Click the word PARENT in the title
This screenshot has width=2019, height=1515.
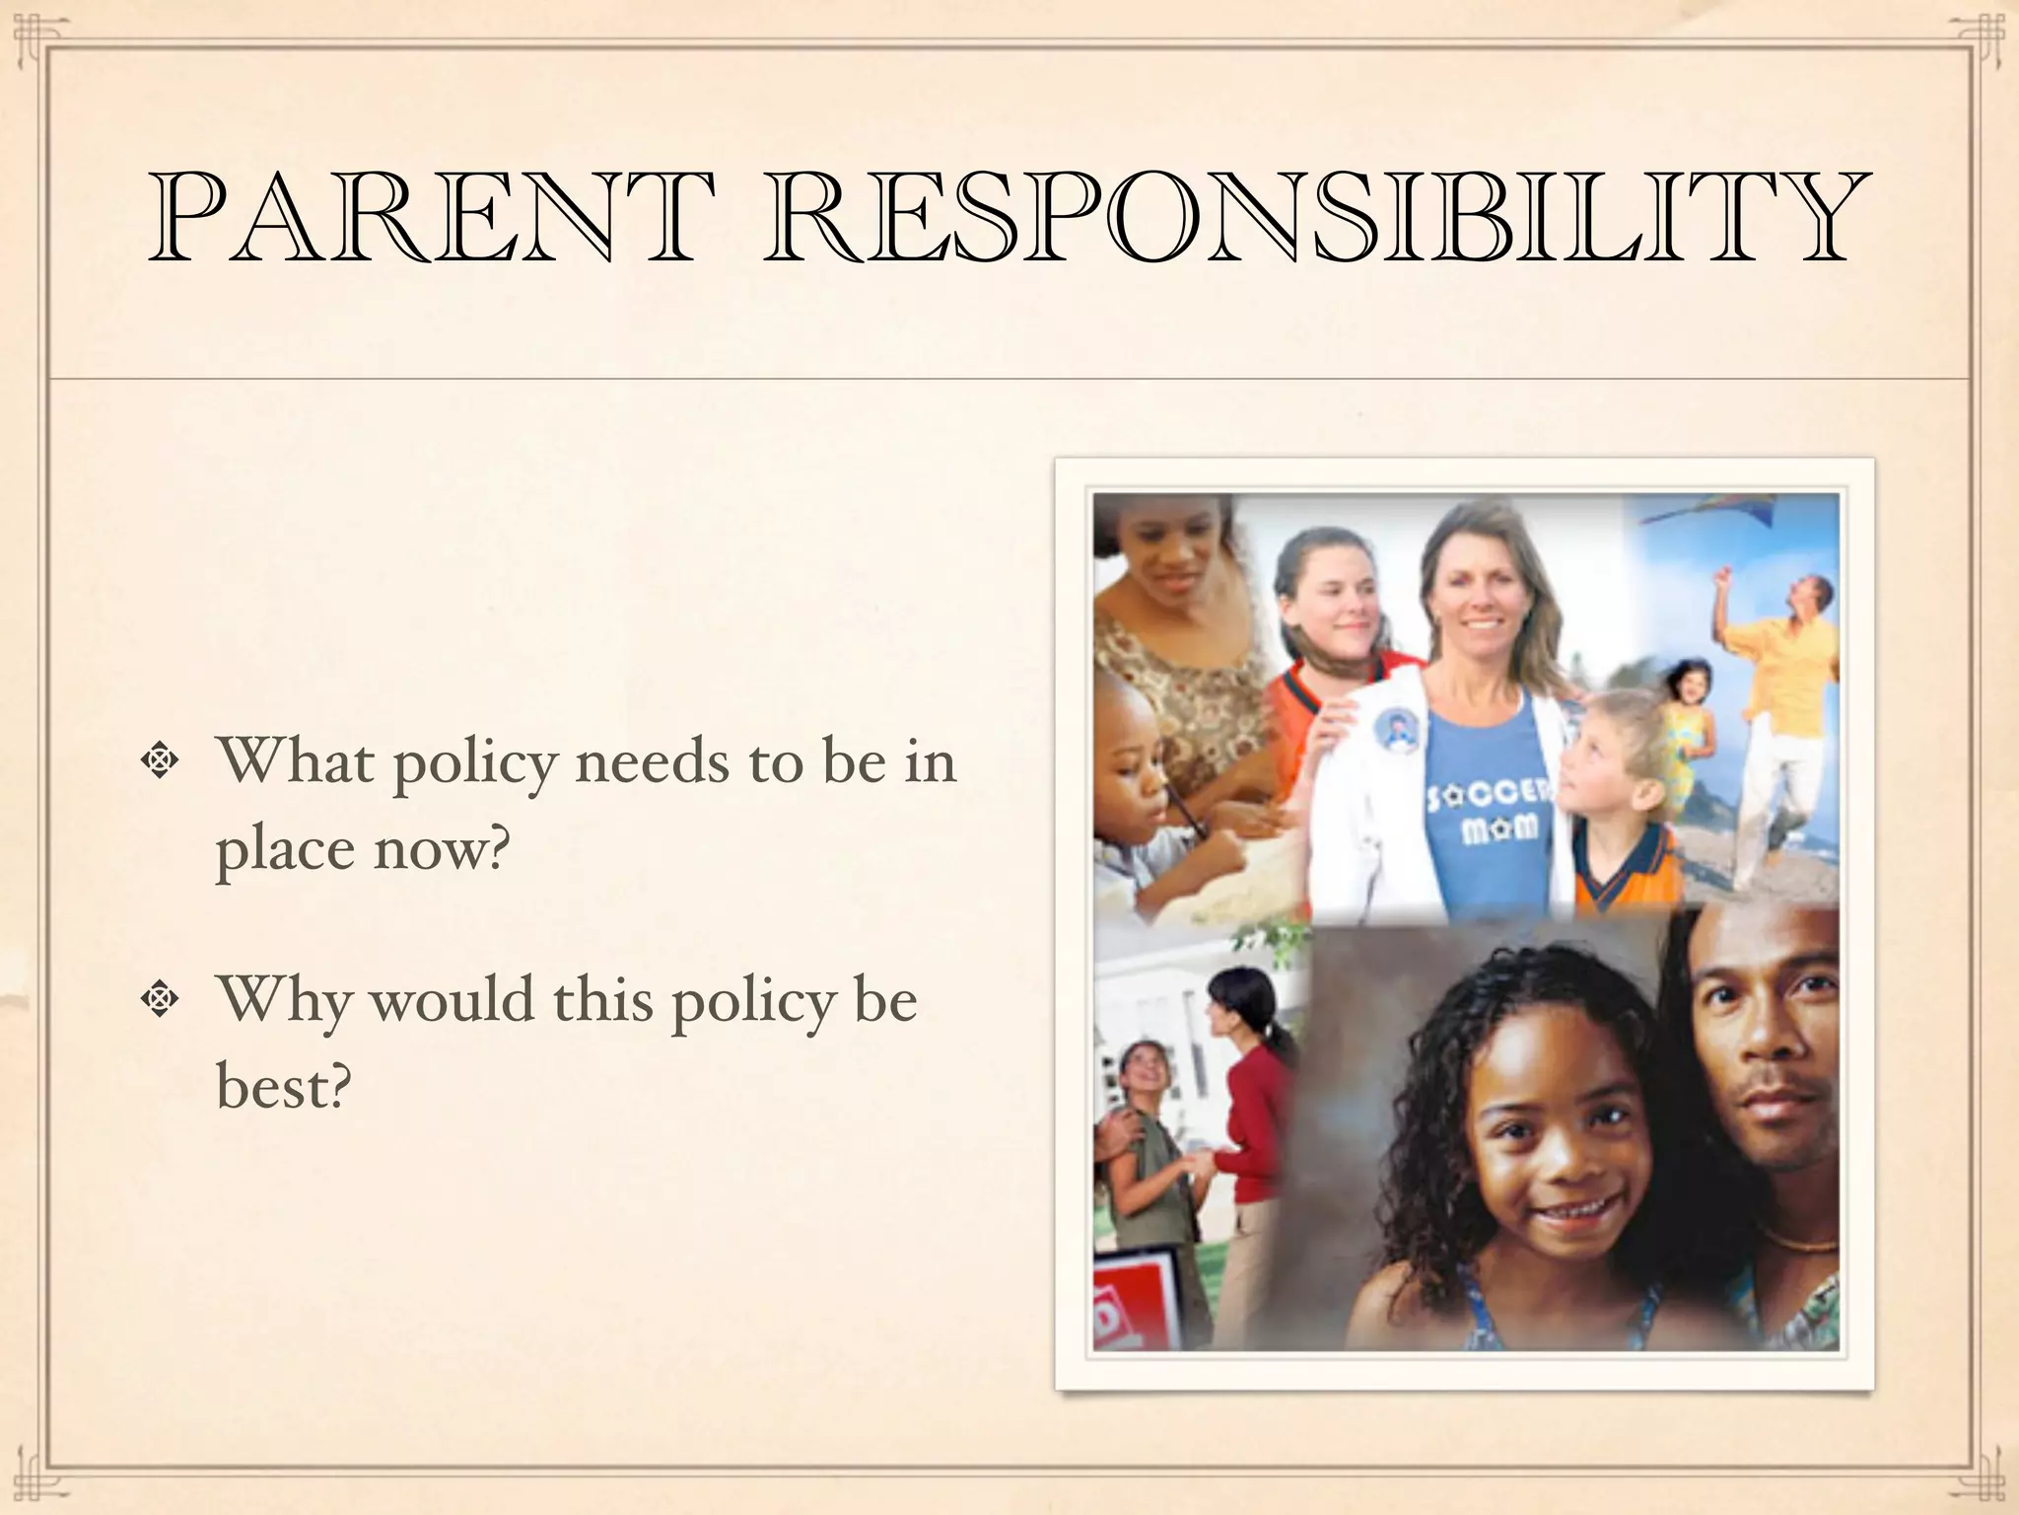[x=431, y=217]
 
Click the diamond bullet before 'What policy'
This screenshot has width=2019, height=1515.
[x=158, y=761]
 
